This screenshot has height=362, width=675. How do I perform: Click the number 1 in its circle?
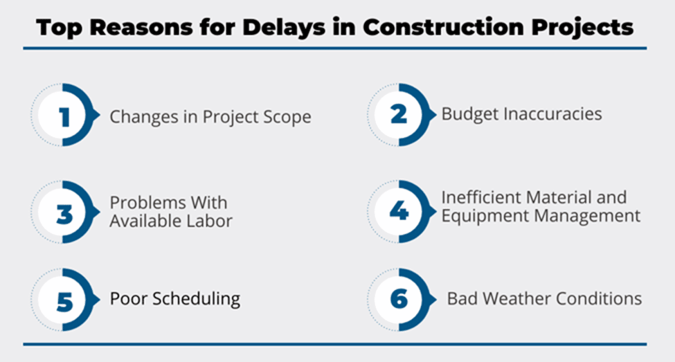(64, 117)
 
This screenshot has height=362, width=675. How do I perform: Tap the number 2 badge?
(399, 114)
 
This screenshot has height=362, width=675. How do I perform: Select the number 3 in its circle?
(64, 214)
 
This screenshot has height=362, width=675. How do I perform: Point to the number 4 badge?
(399, 211)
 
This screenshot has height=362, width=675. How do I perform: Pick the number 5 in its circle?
(64, 301)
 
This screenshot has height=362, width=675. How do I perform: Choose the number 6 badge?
(399, 299)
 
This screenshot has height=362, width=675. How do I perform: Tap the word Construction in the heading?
(443, 27)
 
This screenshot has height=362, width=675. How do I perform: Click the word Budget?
(470, 114)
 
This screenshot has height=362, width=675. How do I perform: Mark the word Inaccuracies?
(552, 114)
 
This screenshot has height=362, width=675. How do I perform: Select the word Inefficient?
(479, 197)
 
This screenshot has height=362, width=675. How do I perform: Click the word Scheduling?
(196, 299)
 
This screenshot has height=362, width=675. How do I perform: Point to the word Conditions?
(599, 298)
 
